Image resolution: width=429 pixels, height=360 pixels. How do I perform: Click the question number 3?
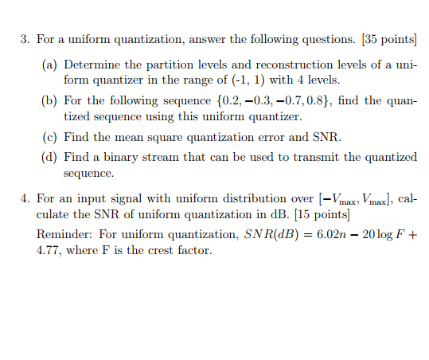point(25,39)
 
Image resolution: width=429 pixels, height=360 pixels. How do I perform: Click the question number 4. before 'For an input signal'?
point(25,198)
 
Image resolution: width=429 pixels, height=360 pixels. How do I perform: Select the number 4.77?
point(49,250)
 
